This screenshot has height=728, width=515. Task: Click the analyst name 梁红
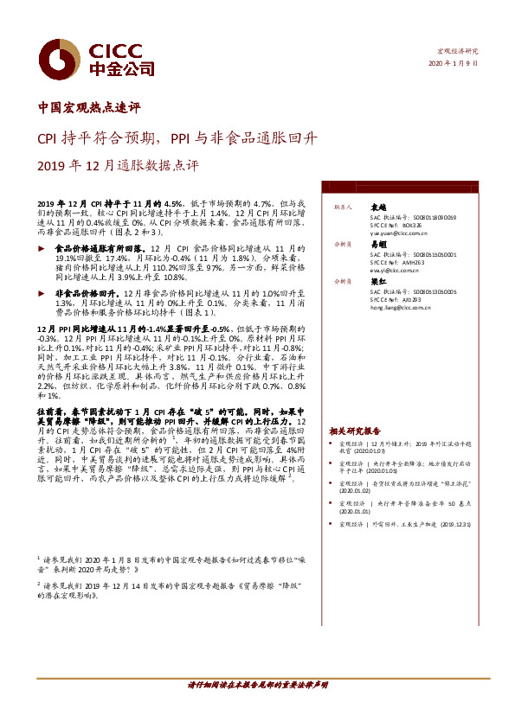click(377, 282)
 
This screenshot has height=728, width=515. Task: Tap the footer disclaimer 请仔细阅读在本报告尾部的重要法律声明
click(257, 685)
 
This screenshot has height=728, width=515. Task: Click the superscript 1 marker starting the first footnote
click(38, 559)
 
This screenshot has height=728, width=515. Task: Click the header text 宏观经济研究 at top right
click(456, 52)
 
